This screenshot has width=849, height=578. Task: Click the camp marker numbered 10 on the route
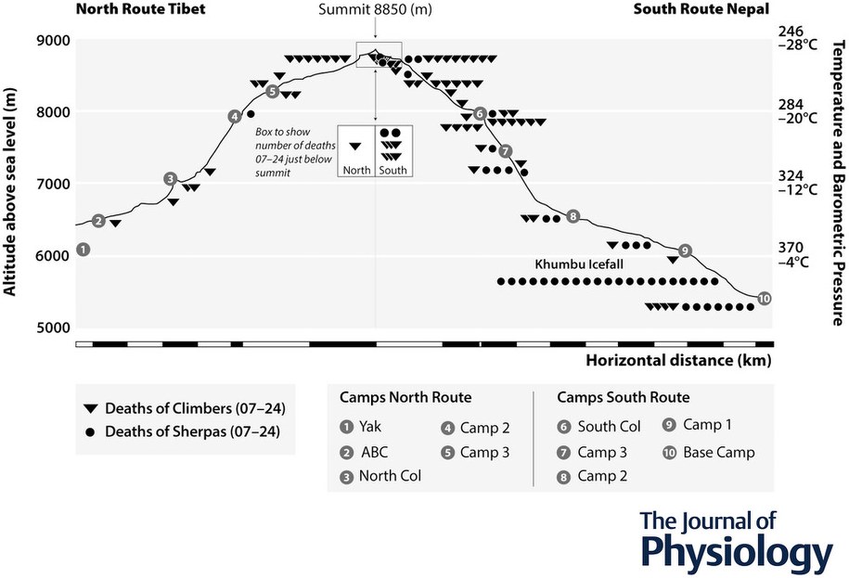[764, 298]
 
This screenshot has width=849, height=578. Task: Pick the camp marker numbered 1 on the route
[84, 249]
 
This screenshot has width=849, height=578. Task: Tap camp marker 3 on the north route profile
[170, 179]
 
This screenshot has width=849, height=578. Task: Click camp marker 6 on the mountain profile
[480, 113]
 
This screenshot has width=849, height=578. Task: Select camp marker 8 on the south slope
[572, 216]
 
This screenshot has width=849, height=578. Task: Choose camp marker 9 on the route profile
[685, 250]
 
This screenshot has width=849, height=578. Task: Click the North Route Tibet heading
[140, 10]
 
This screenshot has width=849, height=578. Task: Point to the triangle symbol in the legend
[90, 408]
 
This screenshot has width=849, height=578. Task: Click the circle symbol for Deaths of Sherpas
[90, 430]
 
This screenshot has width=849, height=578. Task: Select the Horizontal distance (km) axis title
[678, 360]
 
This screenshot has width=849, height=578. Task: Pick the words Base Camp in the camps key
[719, 453]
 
